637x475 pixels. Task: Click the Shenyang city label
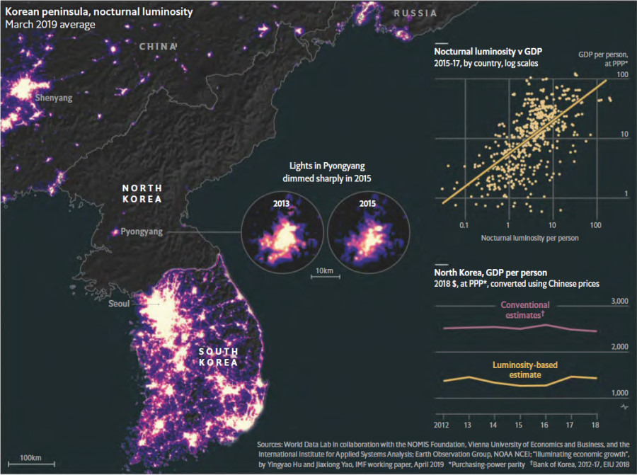pos(54,98)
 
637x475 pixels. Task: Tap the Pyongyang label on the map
pos(142,231)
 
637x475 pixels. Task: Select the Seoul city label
pos(119,304)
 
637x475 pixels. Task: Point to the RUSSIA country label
pos(415,13)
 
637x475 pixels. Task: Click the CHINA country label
pos(158,47)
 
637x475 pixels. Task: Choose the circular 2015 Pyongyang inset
pos(367,229)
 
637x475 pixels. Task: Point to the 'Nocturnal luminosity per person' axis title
pos(530,238)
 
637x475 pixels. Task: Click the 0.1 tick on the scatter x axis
pos(464,224)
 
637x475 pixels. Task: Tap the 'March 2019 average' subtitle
pos(50,25)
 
